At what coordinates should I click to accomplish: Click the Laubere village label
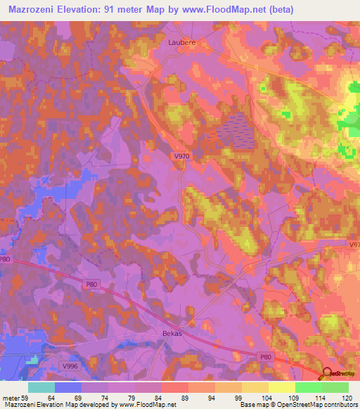click(182, 41)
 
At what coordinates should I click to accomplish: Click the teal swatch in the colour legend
click(41, 387)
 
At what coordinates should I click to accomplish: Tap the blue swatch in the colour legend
click(68, 387)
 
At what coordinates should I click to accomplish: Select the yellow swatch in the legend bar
click(282, 387)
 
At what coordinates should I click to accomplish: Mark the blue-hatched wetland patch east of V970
click(236, 130)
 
